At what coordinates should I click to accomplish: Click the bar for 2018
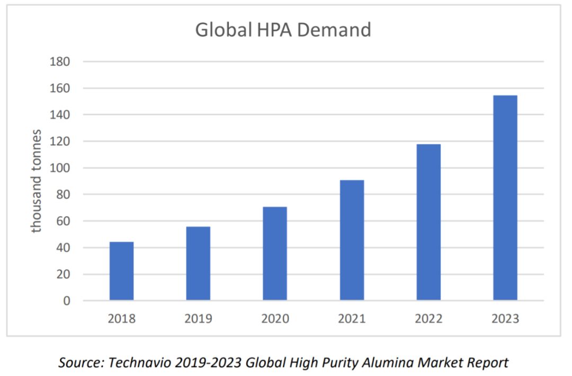tap(121, 271)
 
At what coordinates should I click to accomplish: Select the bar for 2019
tap(198, 263)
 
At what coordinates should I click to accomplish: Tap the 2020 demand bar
tap(275, 254)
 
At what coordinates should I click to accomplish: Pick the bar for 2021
tap(352, 240)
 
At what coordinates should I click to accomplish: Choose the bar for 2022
tap(428, 222)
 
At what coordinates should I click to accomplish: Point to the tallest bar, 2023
tap(505, 198)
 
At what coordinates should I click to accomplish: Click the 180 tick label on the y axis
tap(60, 61)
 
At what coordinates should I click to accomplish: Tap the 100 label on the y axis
tap(60, 168)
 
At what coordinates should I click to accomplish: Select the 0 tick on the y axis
tap(67, 301)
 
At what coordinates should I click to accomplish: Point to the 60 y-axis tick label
tap(63, 221)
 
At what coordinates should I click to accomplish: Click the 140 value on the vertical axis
tap(60, 115)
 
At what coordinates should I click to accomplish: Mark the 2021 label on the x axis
tap(352, 319)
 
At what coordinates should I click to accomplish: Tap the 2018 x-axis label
tap(121, 319)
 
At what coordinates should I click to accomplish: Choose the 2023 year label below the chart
tap(505, 319)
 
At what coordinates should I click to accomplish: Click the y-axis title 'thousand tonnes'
tap(36, 181)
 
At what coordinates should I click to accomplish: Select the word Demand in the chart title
tap(334, 30)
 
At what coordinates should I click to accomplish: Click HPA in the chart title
tap(274, 30)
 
